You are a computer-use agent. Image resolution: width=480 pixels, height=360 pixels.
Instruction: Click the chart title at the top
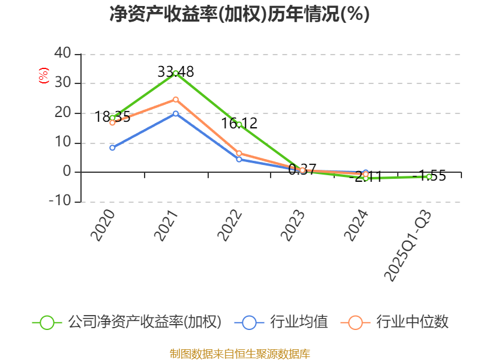(x=239, y=14)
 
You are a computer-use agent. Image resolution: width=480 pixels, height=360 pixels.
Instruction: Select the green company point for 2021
(x=176, y=73)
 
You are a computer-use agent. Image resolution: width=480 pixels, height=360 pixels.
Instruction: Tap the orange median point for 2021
(x=176, y=100)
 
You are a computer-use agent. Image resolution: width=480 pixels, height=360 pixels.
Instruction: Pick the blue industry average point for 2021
(x=176, y=113)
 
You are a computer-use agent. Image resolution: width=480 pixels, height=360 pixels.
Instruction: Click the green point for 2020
(x=112, y=118)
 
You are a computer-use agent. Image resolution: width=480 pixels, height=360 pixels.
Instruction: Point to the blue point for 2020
(x=112, y=148)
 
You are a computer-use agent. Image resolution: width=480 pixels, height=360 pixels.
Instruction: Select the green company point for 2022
(x=239, y=125)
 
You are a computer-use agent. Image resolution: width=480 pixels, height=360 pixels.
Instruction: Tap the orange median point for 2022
(x=239, y=154)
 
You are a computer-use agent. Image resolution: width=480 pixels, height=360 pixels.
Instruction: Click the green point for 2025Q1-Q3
(x=429, y=176)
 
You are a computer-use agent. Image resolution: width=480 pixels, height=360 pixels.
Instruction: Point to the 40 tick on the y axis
(x=63, y=54)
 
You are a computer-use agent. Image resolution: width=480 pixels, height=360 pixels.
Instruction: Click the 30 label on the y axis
(x=63, y=83)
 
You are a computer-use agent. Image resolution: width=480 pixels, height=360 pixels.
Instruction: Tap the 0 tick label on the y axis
(x=67, y=172)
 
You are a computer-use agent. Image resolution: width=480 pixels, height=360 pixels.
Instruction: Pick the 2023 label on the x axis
(x=293, y=226)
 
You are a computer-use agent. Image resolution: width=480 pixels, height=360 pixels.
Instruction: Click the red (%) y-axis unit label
(x=43, y=76)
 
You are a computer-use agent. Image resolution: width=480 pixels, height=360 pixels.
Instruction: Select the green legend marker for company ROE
(x=47, y=322)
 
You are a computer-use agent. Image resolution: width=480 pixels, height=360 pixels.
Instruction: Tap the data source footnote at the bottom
(x=239, y=353)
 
